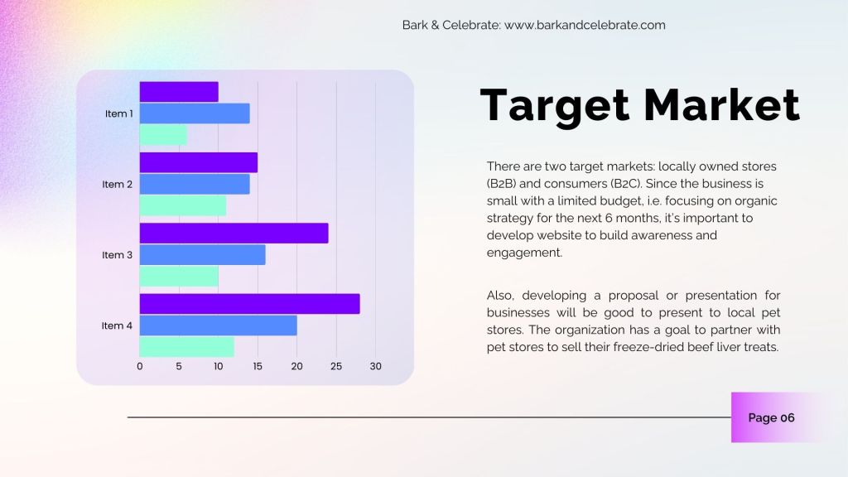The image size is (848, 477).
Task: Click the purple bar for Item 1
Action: [179, 92]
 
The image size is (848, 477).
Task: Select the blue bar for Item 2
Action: [195, 184]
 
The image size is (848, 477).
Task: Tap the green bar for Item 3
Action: [179, 277]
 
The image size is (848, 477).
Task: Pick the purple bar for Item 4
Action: [250, 304]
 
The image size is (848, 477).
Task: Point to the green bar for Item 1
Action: [163, 135]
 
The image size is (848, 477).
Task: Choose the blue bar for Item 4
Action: [219, 325]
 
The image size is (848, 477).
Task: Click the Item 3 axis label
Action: [117, 255]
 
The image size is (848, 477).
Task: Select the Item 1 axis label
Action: [119, 113]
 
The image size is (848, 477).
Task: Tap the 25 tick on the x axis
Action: [336, 366]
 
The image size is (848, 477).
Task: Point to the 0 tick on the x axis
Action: [139, 366]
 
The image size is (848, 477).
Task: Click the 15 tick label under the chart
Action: [258, 366]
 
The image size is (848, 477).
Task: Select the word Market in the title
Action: [722, 104]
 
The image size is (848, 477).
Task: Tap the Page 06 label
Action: [771, 417]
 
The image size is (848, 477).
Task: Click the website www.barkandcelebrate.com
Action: [585, 25]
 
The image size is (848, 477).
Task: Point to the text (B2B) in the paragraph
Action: [501, 183]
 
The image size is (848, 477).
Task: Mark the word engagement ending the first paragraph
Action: [524, 253]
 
